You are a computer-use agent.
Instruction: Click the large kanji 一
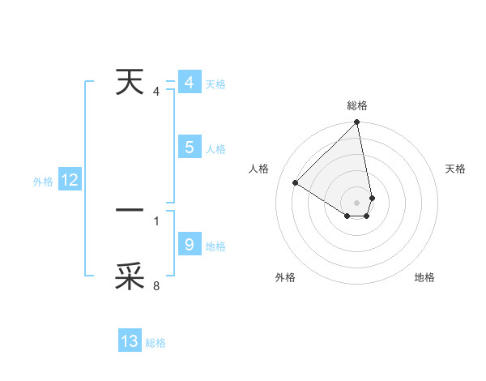point(130,210)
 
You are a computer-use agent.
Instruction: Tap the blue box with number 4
point(189,83)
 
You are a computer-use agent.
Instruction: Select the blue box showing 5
point(189,148)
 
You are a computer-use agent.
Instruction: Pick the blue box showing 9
point(189,245)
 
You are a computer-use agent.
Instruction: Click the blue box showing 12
point(70,181)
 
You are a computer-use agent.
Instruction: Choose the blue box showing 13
point(130,341)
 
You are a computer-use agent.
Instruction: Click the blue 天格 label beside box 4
point(215,84)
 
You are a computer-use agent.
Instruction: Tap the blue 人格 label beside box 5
point(215,149)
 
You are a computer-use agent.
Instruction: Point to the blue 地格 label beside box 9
point(215,246)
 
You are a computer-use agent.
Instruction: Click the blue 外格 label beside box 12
point(43,182)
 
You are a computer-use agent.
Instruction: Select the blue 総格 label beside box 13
point(156,343)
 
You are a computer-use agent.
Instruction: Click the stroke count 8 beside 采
point(156,285)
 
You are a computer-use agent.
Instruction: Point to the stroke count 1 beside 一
point(156,220)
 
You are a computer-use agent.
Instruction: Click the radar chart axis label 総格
point(357,105)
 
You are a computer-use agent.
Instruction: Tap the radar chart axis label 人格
point(259,169)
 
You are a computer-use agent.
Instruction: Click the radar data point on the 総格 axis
point(357,122)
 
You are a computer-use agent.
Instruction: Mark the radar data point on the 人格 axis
point(296,183)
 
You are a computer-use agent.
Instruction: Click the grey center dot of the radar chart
point(357,202)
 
